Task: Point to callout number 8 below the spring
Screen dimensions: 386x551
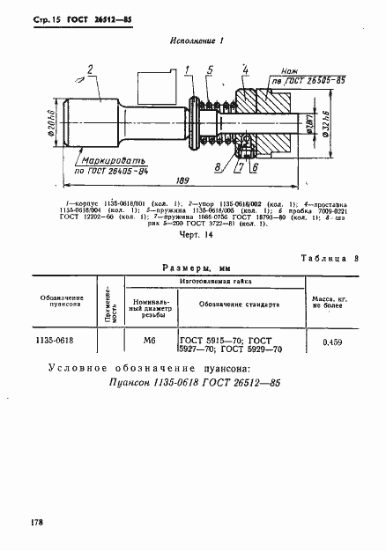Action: (x=218, y=165)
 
